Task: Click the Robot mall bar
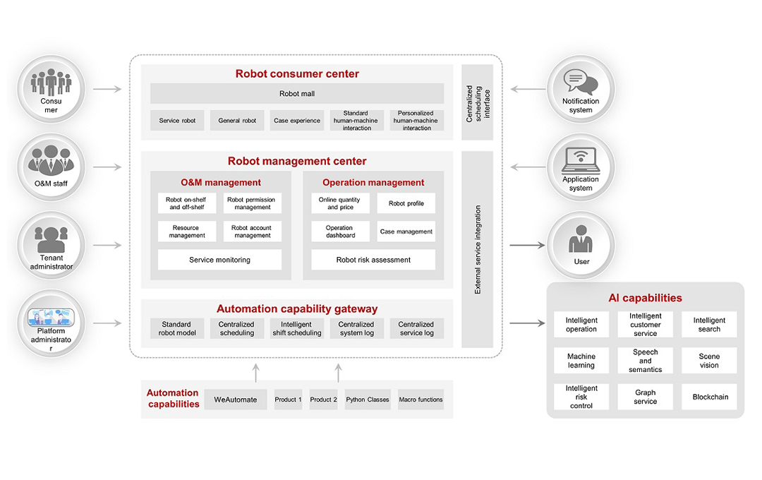297,93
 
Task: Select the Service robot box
177,121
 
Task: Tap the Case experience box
297,121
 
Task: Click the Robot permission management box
252,204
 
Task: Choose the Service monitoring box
219,260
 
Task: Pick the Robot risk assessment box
373,260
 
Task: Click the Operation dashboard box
339,232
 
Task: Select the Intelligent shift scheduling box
297,329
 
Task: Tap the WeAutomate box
236,400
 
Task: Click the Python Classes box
368,400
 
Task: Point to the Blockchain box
709,397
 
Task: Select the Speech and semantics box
646,361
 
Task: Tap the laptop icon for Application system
581,161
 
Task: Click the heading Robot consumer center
297,74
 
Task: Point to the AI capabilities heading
645,298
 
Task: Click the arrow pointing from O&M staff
107,167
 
